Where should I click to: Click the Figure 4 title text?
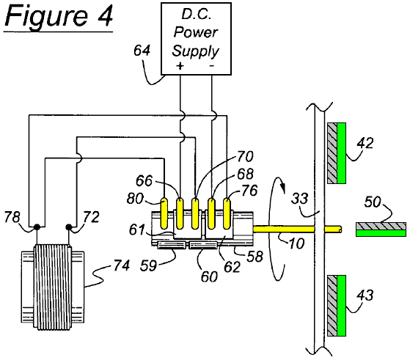59,16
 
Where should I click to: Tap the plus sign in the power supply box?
180,65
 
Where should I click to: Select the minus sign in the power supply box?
211,65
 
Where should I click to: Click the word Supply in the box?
195,51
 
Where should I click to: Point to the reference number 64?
142,51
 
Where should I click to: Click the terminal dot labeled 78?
37,227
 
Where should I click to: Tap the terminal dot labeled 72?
69,227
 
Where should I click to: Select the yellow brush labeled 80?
164,213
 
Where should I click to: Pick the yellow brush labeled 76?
227,214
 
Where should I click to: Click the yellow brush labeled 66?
180,213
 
